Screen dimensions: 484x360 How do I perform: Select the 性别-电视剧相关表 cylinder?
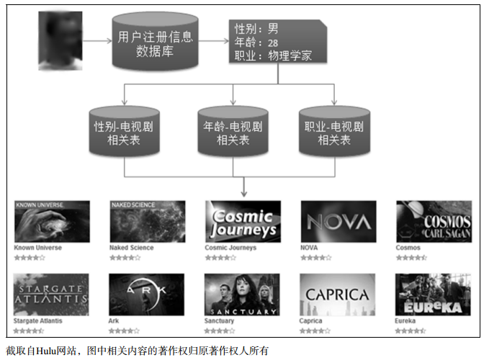click(124, 132)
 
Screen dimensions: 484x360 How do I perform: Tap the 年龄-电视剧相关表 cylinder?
click(233, 132)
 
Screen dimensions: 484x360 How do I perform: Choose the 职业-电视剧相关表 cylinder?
click(333, 132)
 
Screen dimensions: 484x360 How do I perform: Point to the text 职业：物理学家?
click(274, 55)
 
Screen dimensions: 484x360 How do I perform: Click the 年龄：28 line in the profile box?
click(256, 42)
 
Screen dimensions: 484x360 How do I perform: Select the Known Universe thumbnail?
click(52, 221)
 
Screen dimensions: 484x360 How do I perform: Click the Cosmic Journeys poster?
click(242, 221)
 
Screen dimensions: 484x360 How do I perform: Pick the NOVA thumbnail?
click(337, 221)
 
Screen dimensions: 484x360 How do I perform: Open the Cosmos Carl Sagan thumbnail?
click(434, 221)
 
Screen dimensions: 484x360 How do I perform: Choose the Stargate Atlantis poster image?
click(52, 294)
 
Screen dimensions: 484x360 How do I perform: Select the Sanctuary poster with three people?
click(242, 294)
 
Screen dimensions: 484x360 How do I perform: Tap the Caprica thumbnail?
click(337, 294)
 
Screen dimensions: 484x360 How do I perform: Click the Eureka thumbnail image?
click(434, 294)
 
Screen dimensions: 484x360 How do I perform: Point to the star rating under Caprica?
click(315, 330)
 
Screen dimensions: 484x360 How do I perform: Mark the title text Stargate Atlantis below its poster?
click(38, 321)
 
